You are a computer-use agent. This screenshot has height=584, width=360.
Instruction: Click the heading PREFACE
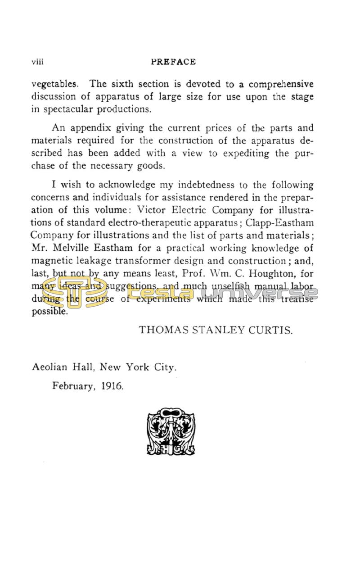click(173, 62)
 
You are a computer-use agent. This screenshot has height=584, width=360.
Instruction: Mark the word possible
click(49, 312)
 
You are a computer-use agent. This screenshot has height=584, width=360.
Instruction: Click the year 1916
click(112, 386)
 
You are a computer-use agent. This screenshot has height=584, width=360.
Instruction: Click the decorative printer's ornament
click(171, 431)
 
